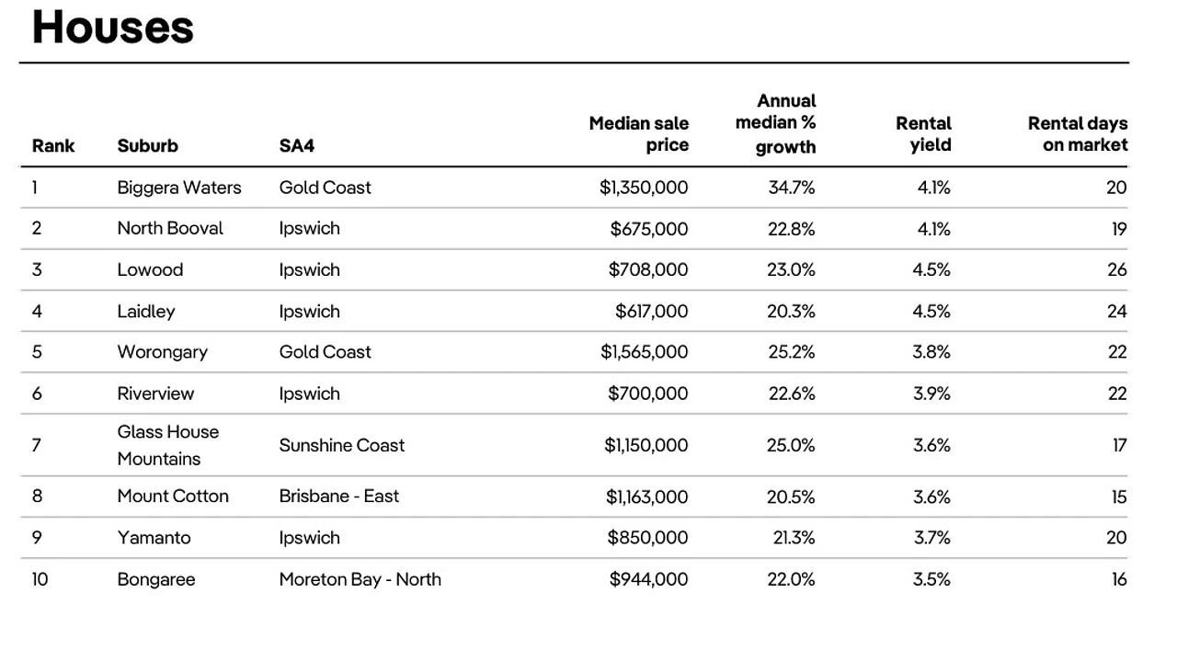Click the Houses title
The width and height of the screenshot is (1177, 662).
pos(113,27)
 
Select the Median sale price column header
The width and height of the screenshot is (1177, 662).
pos(638,134)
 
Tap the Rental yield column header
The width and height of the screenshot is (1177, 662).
pos(923,134)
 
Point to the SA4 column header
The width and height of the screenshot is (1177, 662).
pos(297,145)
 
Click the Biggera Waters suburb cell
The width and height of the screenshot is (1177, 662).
pos(179,188)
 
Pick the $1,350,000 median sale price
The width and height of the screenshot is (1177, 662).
pos(644,188)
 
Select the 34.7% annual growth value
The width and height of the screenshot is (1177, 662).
pos(792,188)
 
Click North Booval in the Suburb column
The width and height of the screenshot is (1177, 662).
pos(170,229)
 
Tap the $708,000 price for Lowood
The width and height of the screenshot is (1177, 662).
pos(648,269)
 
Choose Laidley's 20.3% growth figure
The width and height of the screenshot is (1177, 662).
pos(791,311)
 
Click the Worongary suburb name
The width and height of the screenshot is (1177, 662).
pos(163,352)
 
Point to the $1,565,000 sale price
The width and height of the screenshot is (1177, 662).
pos(645,352)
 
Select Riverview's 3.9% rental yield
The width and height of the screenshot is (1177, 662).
pos(931,394)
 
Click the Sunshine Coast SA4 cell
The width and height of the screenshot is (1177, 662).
pos(342,446)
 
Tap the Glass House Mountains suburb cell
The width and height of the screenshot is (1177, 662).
pos(168,446)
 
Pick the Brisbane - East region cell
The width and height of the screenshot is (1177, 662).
pos(339,496)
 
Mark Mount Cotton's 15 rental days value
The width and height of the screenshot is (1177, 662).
pos(1119,496)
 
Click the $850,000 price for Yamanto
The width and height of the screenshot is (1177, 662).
pos(647,538)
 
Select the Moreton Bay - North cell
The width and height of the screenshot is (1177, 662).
pos(360,579)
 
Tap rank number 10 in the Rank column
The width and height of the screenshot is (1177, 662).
pos(40,579)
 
